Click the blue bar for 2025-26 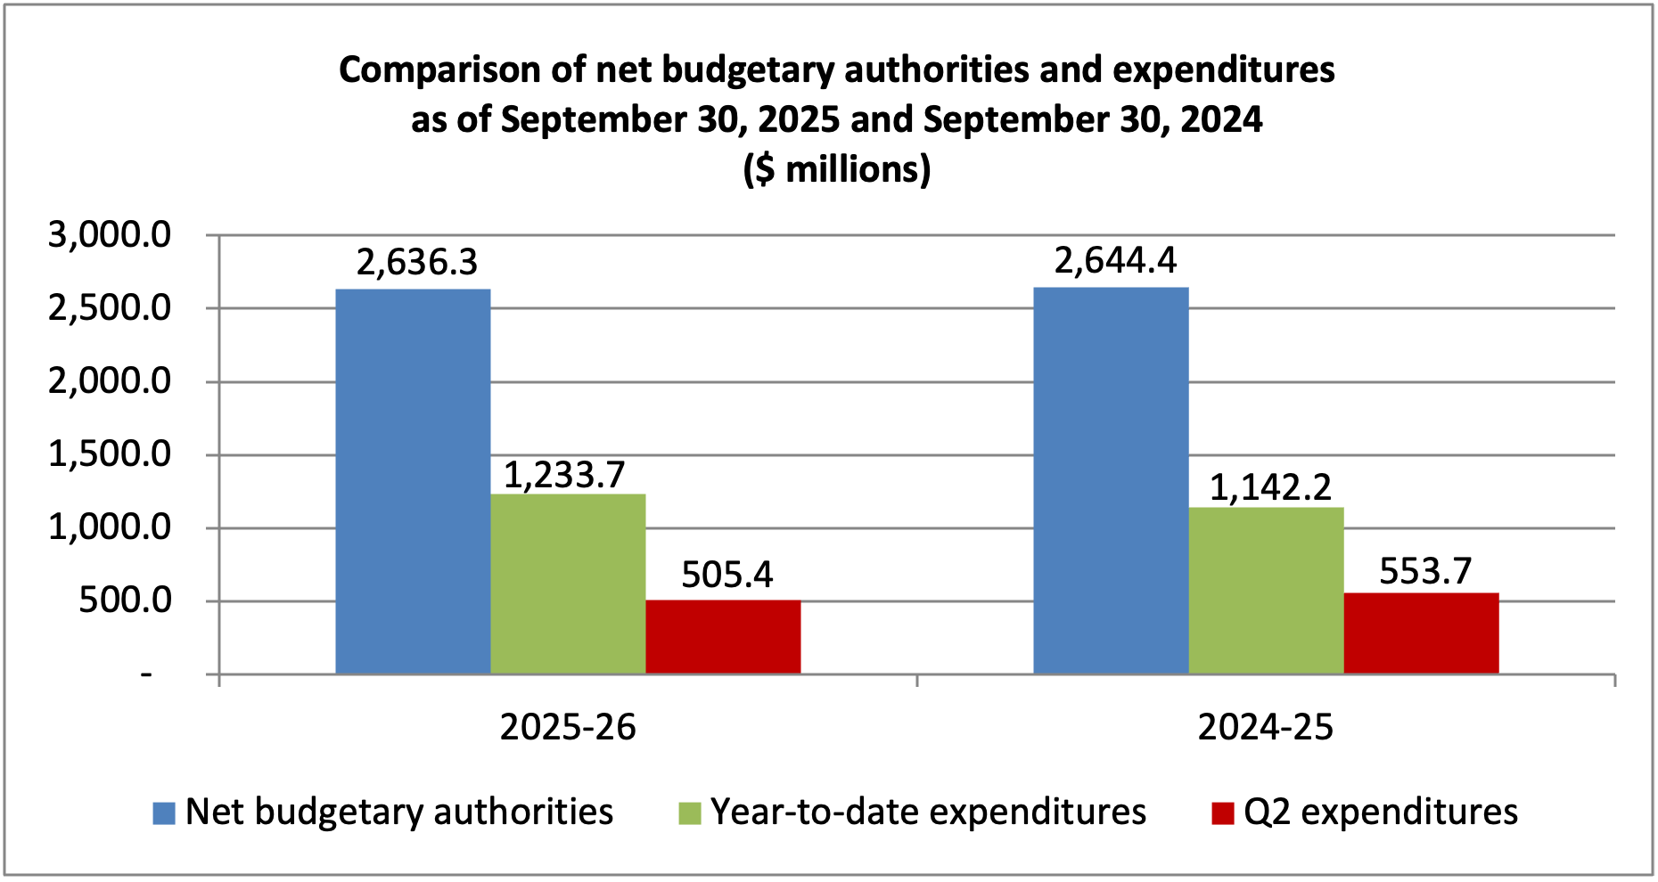point(413,481)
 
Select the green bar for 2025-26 point(568,584)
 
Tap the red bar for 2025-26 point(723,637)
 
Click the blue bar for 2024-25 point(1111,481)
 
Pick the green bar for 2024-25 point(1266,591)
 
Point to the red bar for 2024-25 point(1421,633)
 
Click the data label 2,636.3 point(417,263)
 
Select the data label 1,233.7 point(564,476)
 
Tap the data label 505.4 point(726,576)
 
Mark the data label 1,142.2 point(1270,488)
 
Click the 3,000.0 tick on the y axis point(110,235)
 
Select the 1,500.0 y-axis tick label point(110,454)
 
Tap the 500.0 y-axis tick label point(125,600)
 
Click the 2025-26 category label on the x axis point(568,728)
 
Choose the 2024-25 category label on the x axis point(1266,728)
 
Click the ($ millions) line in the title point(836,169)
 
